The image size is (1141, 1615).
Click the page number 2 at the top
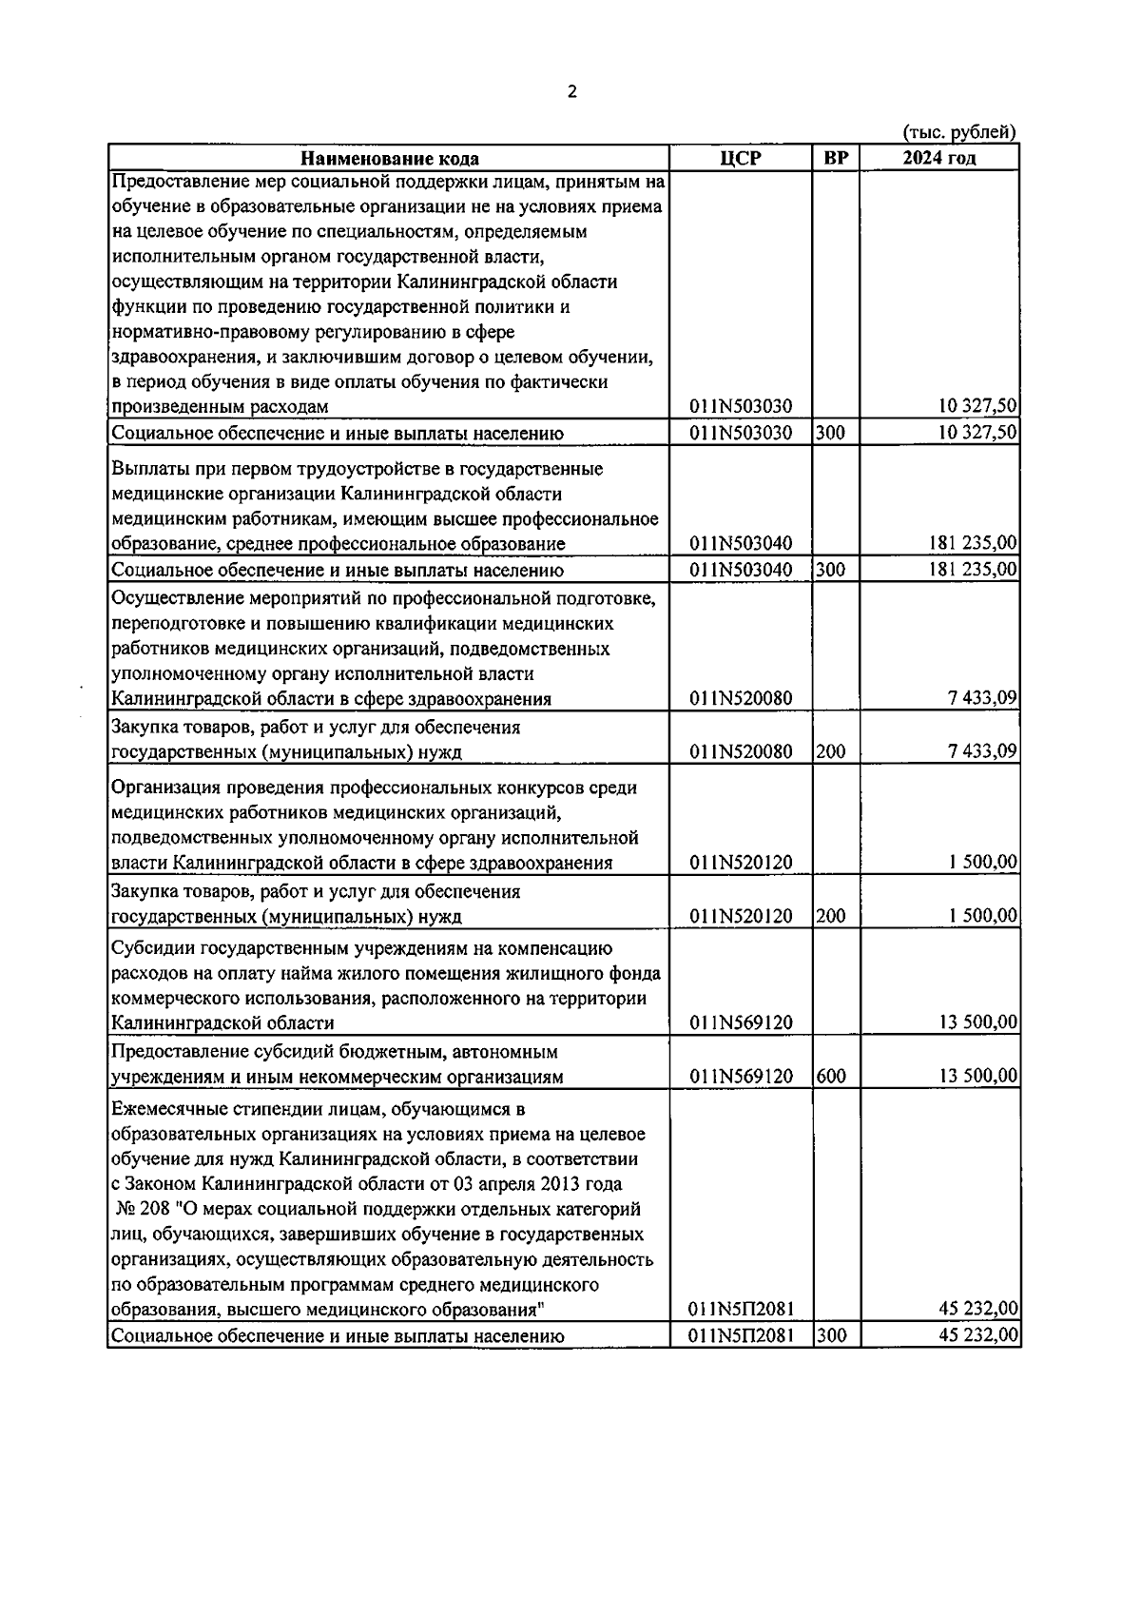click(570, 92)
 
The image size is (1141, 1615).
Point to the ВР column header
click(835, 158)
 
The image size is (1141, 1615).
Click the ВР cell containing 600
click(830, 1077)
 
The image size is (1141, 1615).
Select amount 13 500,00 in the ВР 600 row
click(979, 1077)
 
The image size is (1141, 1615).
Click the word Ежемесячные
click(163, 1110)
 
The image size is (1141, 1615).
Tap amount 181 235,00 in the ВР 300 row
click(973, 570)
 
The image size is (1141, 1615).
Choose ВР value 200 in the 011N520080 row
click(830, 752)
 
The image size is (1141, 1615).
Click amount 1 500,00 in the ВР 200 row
click(982, 916)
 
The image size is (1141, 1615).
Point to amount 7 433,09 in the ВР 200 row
click(982, 752)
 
